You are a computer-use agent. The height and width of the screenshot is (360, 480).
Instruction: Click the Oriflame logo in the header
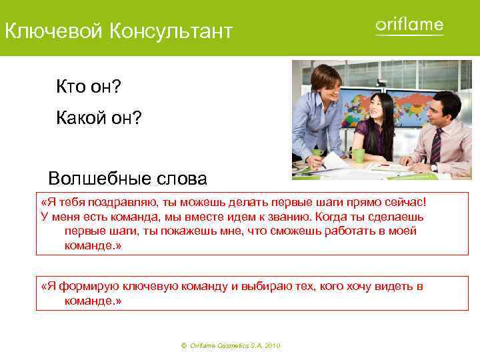409,26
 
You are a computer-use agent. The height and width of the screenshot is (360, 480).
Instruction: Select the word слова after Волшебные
178,179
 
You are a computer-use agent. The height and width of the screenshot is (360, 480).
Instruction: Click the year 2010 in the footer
272,346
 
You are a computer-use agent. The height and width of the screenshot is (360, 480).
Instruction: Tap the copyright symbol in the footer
183,346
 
